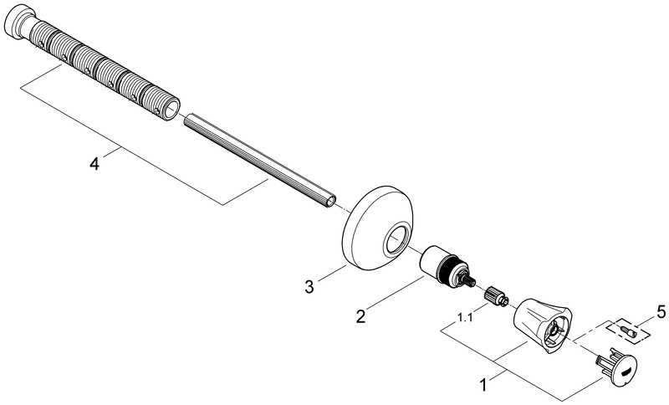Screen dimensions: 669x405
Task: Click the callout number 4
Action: click(x=94, y=163)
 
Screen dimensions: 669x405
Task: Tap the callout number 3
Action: click(x=309, y=286)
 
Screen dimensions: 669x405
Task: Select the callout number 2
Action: click(x=361, y=316)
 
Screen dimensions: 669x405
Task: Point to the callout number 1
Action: click(x=483, y=385)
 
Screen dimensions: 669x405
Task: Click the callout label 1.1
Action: click(x=465, y=317)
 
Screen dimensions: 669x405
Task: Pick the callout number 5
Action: click(x=661, y=312)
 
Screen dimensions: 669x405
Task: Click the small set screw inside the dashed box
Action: click(x=628, y=331)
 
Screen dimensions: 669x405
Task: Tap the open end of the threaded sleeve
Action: click(x=171, y=109)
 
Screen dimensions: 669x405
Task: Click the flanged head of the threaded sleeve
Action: click(x=18, y=23)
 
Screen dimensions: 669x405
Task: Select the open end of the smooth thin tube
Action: click(x=329, y=201)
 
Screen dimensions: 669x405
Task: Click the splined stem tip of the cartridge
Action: click(x=471, y=281)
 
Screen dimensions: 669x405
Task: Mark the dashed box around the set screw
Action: click(x=629, y=331)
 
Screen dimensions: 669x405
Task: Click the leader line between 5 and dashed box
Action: click(x=646, y=322)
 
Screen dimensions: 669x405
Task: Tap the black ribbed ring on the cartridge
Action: click(x=448, y=270)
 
